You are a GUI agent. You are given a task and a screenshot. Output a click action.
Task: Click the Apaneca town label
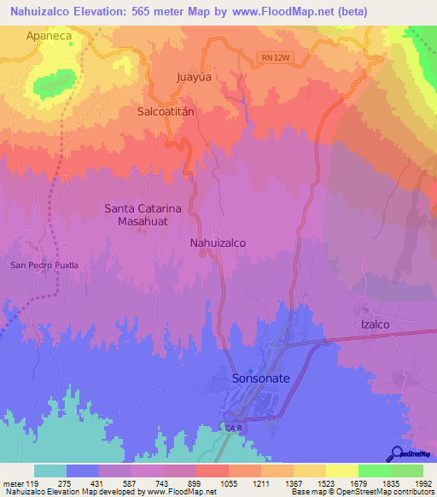pyautogui.click(x=51, y=36)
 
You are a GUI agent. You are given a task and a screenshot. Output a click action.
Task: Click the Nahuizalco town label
pyautogui.click(x=218, y=243)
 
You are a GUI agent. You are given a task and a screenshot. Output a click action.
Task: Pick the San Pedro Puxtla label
pyautogui.click(x=44, y=265)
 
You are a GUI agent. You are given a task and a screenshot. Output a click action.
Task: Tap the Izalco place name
pyautogui.click(x=372, y=325)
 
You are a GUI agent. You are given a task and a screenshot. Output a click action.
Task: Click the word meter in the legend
pyautogui.click(x=15, y=483)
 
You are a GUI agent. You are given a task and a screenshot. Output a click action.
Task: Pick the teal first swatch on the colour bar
pyautogui.click(x=50, y=471)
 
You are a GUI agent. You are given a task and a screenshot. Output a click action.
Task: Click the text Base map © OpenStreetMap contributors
pyautogui.click(x=361, y=492)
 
